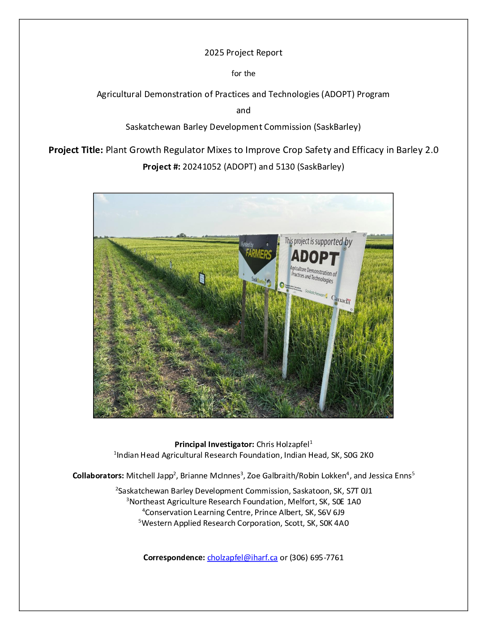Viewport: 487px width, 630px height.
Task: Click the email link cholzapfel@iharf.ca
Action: click(x=242, y=558)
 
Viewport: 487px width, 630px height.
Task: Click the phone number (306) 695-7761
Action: click(x=316, y=558)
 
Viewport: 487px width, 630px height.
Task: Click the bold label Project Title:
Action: click(x=76, y=150)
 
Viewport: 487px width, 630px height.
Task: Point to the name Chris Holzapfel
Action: click(x=282, y=444)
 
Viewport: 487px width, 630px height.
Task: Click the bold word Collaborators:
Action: click(x=98, y=476)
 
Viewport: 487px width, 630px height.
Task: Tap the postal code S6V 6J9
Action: click(x=331, y=512)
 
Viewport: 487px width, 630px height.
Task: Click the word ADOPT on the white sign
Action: click(x=315, y=257)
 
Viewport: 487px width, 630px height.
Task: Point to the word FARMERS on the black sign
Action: click(x=258, y=254)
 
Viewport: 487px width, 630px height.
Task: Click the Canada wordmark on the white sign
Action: click(x=341, y=300)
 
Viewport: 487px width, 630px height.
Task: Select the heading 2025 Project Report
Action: click(x=243, y=53)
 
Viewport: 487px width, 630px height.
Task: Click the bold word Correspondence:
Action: click(x=174, y=558)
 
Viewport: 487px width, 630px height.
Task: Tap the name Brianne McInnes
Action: click(x=210, y=476)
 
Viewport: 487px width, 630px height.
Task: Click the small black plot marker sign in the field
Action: click(x=202, y=278)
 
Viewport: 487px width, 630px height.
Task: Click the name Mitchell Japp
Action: click(x=150, y=476)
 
